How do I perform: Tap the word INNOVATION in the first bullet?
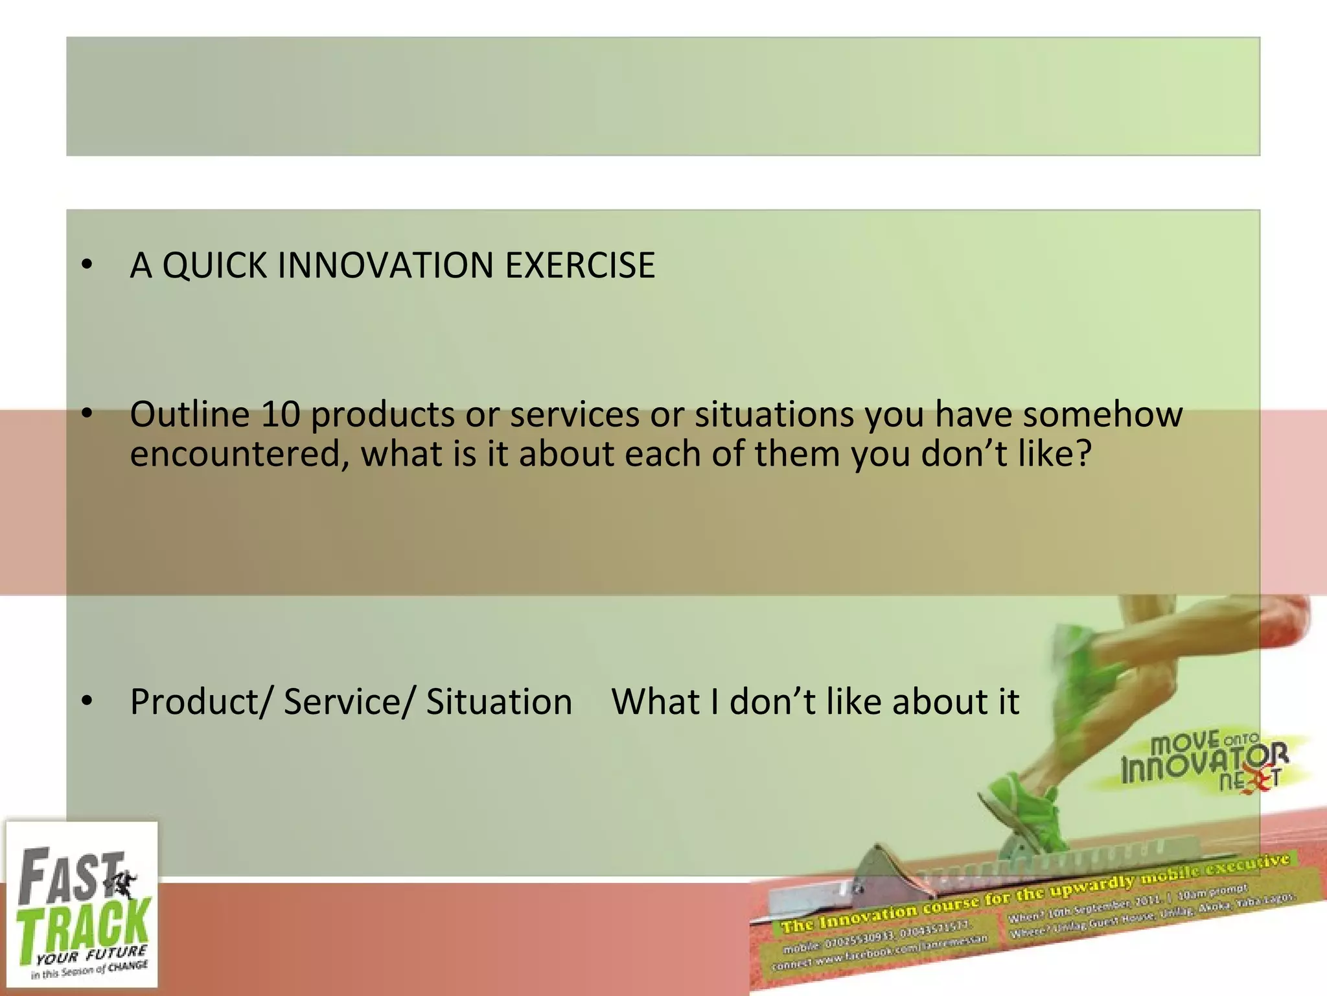click(x=385, y=266)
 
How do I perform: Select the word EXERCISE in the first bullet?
click(x=580, y=266)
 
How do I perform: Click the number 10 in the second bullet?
click(x=280, y=414)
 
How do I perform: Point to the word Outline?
click(x=189, y=414)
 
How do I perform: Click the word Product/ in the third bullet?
click(x=202, y=702)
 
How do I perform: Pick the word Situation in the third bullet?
click(x=499, y=702)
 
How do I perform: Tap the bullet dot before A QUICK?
click(x=87, y=266)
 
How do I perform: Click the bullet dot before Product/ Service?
click(x=87, y=702)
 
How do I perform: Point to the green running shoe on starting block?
click(x=1024, y=811)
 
